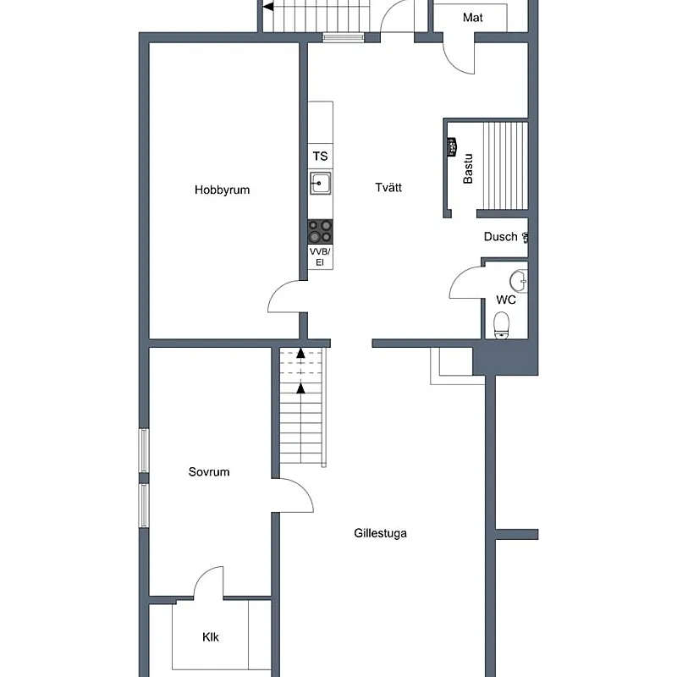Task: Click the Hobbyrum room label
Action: pyautogui.click(x=222, y=190)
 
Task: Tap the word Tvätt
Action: pyautogui.click(x=388, y=187)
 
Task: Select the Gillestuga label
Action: pyautogui.click(x=380, y=533)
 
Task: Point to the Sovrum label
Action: pyautogui.click(x=209, y=471)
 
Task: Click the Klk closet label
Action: pyautogui.click(x=211, y=637)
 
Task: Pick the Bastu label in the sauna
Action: pyautogui.click(x=468, y=168)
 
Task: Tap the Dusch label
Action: pyautogui.click(x=500, y=237)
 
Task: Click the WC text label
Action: pyautogui.click(x=505, y=300)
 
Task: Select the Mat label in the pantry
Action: pyautogui.click(x=473, y=18)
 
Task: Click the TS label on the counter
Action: pyautogui.click(x=320, y=157)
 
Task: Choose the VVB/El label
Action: pyautogui.click(x=320, y=257)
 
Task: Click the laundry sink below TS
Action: pyautogui.click(x=321, y=183)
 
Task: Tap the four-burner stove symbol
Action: pyautogui.click(x=320, y=231)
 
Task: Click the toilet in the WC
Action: pyautogui.click(x=501, y=325)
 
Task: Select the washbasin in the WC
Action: pyautogui.click(x=519, y=281)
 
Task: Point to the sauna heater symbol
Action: pyautogui.click(x=452, y=147)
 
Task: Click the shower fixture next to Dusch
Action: pyautogui.click(x=525, y=237)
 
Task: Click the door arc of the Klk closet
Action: pyautogui.click(x=203, y=576)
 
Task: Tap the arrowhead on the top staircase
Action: pyautogui.click(x=268, y=7)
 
